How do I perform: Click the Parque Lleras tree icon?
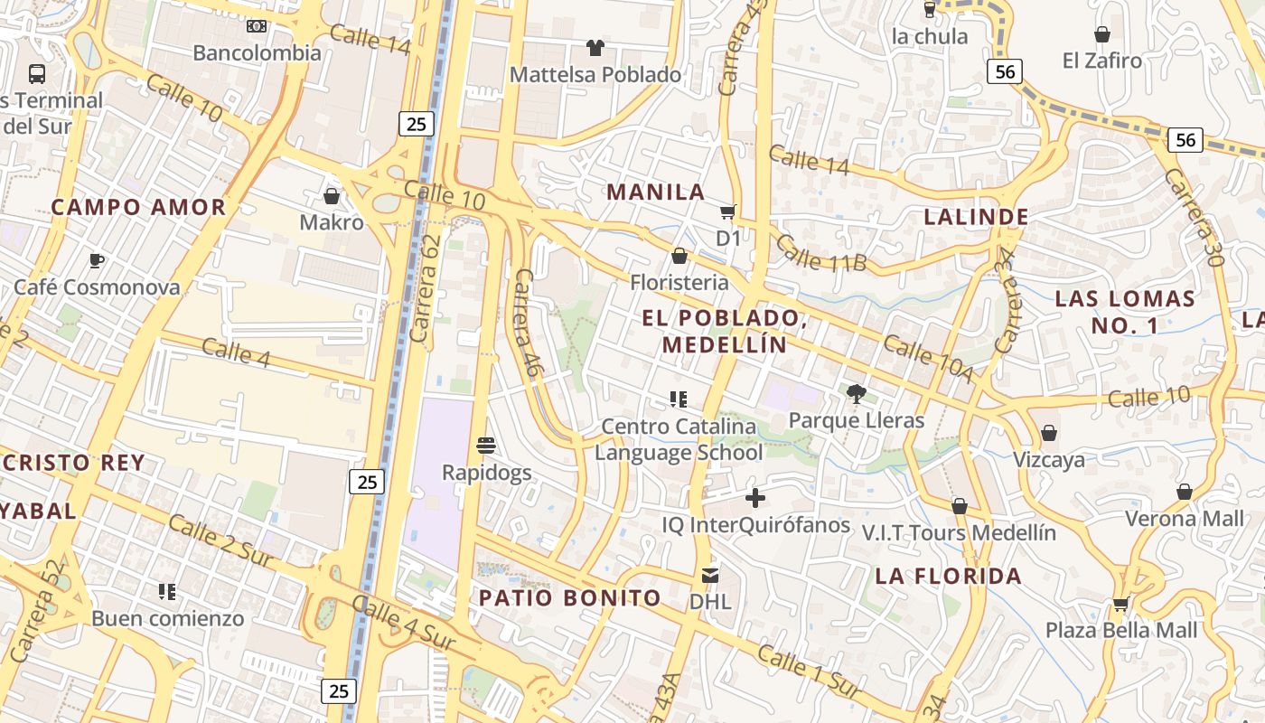tap(856, 393)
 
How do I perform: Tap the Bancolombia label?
tap(257, 52)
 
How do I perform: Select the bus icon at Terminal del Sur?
tap(37, 73)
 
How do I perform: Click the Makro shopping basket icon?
tap(332, 196)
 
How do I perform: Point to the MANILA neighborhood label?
tap(655, 192)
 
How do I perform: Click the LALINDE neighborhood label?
tap(976, 217)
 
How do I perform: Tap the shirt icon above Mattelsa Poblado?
tap(595, 47)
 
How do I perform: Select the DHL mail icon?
tap(710, 575)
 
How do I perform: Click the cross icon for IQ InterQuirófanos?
tap(755, 498)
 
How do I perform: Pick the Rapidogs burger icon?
tap(486, 445)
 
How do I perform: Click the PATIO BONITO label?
tap(569, 597)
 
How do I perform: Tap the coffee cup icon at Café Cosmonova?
tap(97, 261)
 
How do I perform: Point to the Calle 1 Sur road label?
tap(808, 671)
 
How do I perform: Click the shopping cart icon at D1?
tap(728, 212)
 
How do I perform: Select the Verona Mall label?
tap(1184, 519)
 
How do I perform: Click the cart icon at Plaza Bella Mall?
tap(1121, 604)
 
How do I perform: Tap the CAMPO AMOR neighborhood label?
tap(138, 207)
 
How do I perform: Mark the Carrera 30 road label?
tap(1194, 217)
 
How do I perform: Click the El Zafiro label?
tap(1101, 61)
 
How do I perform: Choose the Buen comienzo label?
tap(167, 619)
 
